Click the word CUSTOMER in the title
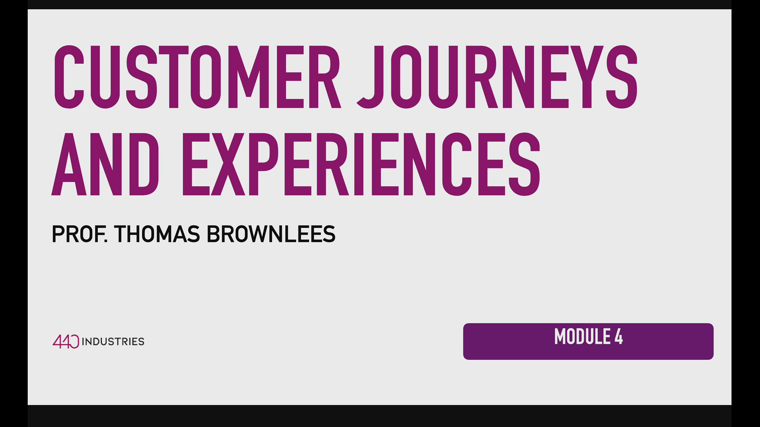(197, 77)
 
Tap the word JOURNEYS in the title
(497, 77)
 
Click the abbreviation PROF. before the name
(80, 234)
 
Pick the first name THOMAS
(157, 234)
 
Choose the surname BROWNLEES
(271, 234)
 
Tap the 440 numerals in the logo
(66, 341)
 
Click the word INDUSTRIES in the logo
(113, 342)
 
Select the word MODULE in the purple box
(582, 337)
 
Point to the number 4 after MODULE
(619, 337)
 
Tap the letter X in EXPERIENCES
(228, 164)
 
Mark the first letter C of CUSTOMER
(69, 77)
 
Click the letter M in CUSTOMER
(248, 77)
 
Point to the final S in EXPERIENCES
(524, 164)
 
